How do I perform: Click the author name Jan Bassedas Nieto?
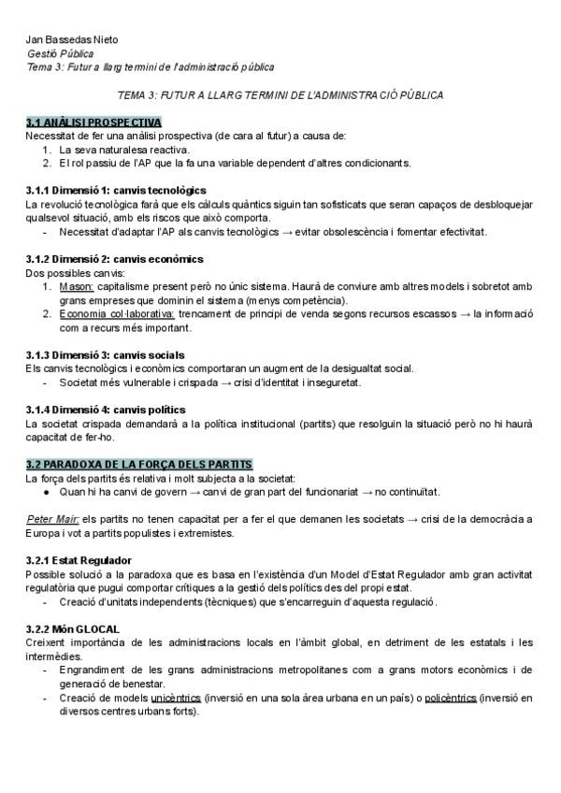point(72,40)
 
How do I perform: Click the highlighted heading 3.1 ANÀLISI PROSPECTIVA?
point(93,123)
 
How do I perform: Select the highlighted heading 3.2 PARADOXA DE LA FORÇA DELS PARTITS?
point(139,465)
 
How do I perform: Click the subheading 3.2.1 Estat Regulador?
point(79,560)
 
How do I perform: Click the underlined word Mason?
point(76,286)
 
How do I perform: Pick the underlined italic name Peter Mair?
point(52,520)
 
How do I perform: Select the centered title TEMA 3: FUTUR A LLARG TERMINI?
point(280,96)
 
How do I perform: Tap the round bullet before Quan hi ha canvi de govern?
point(48,492)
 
